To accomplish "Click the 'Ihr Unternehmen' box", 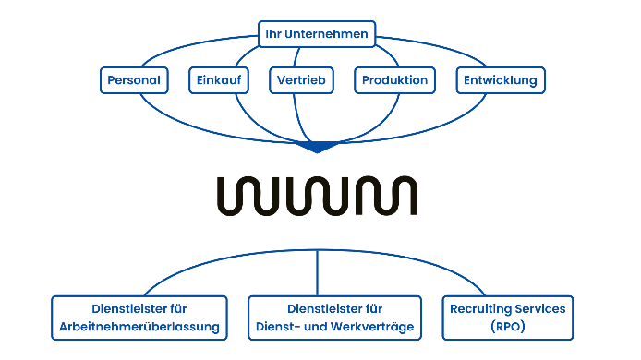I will point(317,34).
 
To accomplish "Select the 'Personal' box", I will point(134,80).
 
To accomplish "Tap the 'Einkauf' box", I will point(218,80).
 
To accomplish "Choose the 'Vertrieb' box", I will point(300,80).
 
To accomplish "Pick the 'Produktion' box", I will point(394,80).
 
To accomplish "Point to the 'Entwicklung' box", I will point(501,80).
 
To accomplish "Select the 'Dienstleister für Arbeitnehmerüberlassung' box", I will point(139,318).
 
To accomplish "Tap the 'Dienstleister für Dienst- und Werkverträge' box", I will point(334,318).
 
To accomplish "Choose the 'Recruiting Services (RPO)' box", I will point(507,318).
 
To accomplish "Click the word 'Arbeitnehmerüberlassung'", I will point(139,327).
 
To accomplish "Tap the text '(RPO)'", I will point(507,327).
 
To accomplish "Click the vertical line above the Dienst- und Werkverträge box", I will point(318,272).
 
